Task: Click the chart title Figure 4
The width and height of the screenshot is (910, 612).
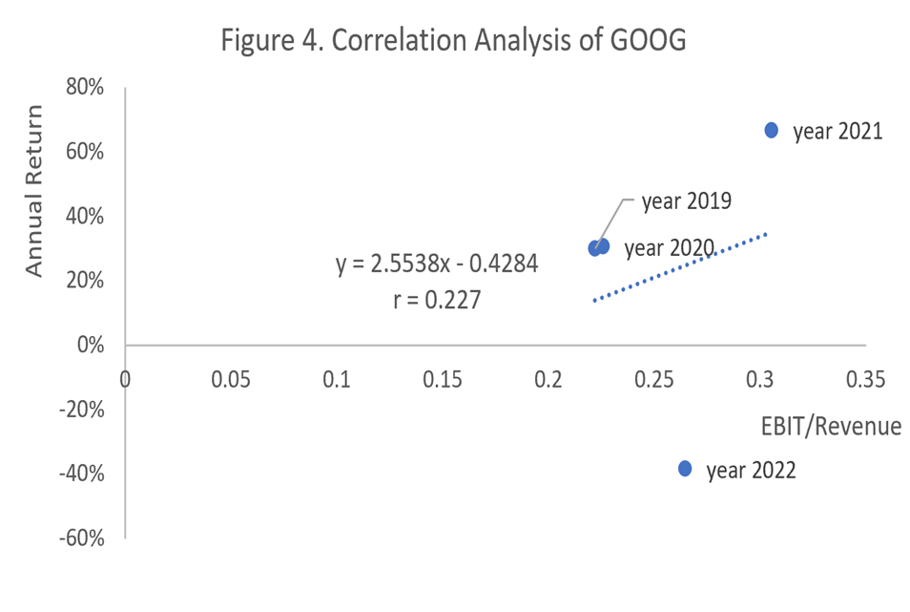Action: (x=453, y=40)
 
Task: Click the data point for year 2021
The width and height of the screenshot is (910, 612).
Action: (x=771, y=130)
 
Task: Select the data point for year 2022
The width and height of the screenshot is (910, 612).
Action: (x=685, y=468)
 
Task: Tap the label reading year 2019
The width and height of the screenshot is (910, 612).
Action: (x=686, y=201)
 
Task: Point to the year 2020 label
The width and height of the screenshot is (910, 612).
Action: (x=669, y=248)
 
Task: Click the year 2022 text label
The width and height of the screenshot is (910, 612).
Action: (x=751, y=470)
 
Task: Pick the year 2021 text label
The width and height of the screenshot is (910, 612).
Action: (x=838, y=132)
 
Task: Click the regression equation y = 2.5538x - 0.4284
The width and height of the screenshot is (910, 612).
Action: (x=437, y=264)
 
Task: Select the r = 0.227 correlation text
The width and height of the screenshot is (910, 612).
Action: (x=437, y=301)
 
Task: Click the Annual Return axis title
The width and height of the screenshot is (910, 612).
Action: (x=35, y=192)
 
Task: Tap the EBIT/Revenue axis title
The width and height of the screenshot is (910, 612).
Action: (x=831, y=426)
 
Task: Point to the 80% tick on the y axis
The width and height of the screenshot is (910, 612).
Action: (x=85, y=88)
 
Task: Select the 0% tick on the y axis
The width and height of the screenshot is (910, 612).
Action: (x=90, y=345)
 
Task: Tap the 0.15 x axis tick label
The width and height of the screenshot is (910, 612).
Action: (x=443, y=379)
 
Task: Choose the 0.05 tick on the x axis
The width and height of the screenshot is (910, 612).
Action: (x=231, y=379)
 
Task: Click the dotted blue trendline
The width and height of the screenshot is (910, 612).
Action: (x=679, y=267)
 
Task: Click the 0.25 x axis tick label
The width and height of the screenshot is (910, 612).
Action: (x=654, y=379)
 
